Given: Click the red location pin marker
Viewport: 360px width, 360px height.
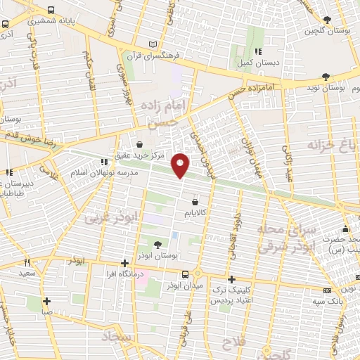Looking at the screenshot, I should (x=181, y=165).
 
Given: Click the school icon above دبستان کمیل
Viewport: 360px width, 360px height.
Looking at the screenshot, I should (x=259, y=51).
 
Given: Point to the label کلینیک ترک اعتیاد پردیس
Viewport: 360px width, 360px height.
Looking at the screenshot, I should (x=231, y=294).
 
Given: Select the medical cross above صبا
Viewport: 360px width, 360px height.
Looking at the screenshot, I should (x=46, y=300).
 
